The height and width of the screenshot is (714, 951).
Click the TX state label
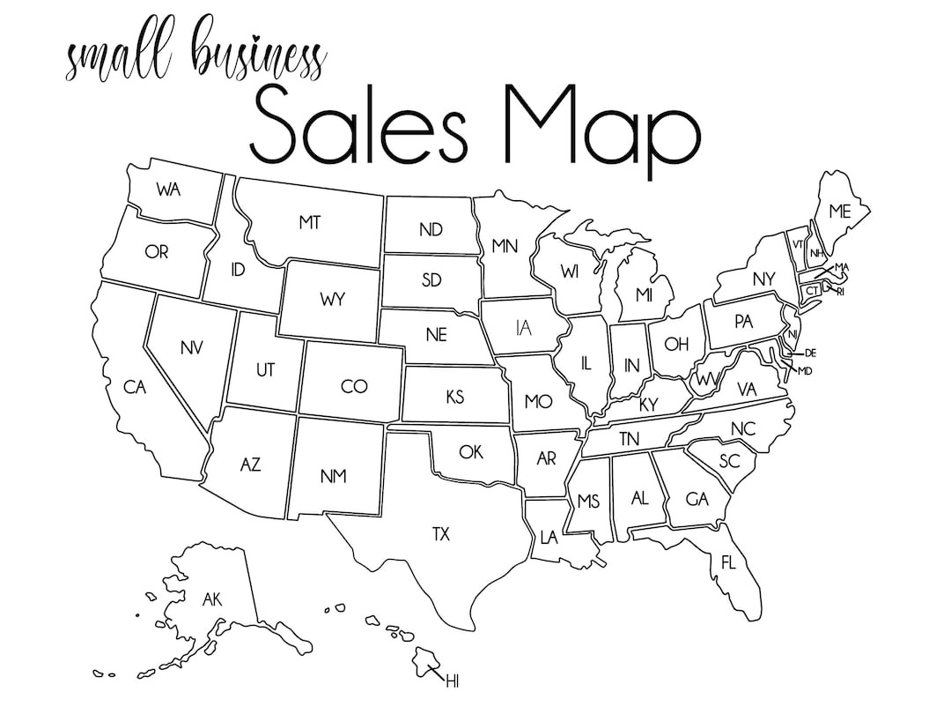pyautogui.click(x=440, y=533)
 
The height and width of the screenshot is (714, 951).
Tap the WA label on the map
pyautogui.click(x=168, y=190)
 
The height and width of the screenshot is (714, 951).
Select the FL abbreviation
pyautogui.click(x=728, y=562)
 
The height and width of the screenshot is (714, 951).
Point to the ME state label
pyautogui.click(x=839, y=212)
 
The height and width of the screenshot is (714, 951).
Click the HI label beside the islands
pyautogui.click(x=453, y=681)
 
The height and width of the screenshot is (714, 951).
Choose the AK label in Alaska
pyautogui.click(x=212, y=600)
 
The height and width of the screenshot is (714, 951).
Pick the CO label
pyautogui.click(x=353, y=386)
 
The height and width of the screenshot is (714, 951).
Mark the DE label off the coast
pyautogui.click(x=810, y=353)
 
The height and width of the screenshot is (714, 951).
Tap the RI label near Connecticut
pyautogui.click(x=840, y=291)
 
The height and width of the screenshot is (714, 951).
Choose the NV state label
pyautogui.click(x=191, y=347)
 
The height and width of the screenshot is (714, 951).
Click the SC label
pyautogui.click(x=728, y=461)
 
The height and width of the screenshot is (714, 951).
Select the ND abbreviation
pyautogui.click(x=431, y=230)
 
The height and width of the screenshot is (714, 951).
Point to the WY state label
pyautogui.click(x=333, y=300)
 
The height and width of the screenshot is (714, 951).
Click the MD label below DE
pyautogui.click(x=804, y=371)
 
